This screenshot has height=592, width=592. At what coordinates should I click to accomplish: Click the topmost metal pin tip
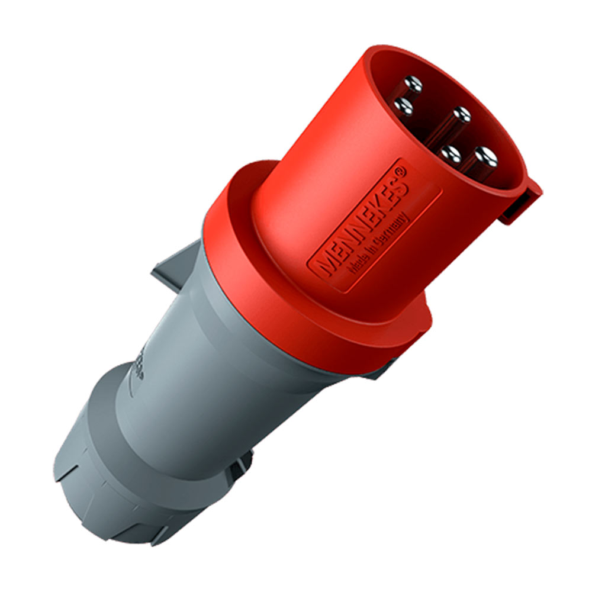coord(413,85)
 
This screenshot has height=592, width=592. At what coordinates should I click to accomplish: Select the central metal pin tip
coord(460,114)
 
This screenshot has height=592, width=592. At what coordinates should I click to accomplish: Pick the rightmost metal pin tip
coord(487,157)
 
